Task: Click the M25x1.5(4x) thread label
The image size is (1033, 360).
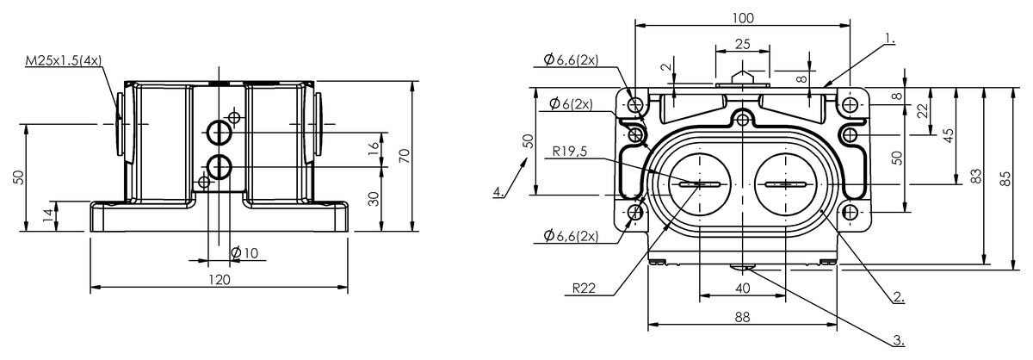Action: tap(63, 60)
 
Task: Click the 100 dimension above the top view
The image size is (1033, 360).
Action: tap(743, 18)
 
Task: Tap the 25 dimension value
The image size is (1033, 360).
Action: tap(742, 43)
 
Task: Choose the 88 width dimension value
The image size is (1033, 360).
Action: tap(742, 317)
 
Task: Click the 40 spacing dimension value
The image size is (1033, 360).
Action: tap(742, 288)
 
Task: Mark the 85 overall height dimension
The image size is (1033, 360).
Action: tap(1003, 176)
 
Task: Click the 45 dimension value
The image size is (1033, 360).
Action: tap(948, 136)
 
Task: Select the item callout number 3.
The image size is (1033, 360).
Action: tap(898, 340)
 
